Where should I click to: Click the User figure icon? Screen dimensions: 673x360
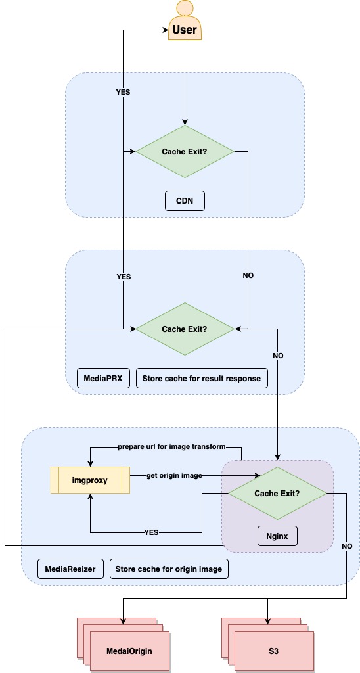click(185, 22)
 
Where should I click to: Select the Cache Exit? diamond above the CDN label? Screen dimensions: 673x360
click(185, 152)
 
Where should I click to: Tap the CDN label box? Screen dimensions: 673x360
click(185, 200)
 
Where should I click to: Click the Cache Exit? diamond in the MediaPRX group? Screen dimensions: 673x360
click(185, 328)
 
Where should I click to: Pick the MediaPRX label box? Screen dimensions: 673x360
click(103, 378)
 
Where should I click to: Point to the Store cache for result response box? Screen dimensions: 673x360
click(201, 378)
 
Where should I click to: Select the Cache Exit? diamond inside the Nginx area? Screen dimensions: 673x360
click(277, 493)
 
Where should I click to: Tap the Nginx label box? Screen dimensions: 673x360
click(277, 536)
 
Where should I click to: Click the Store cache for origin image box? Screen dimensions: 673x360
click(168, 569)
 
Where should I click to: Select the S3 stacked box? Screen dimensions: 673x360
click(273, 651)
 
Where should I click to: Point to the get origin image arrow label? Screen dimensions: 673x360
click(174, 475)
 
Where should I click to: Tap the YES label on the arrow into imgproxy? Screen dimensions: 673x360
click(152, 532)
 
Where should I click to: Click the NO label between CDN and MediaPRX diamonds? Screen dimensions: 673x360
click(248, 275)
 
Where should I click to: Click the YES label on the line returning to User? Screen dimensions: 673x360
click(123, 92)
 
